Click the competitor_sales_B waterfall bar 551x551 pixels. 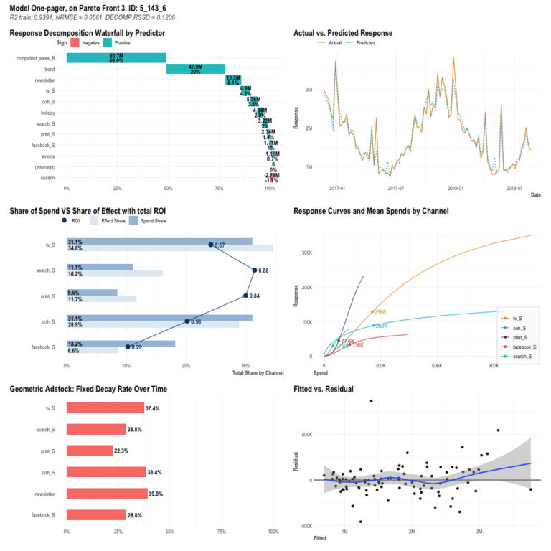click(116, 57)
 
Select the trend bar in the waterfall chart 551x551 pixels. click(195, 69)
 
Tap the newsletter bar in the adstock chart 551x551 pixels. click(105, 494)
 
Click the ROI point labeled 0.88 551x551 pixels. click(255, 270)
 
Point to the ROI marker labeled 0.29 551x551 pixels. click(128, 347)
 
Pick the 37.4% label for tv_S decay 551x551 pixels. click(154, 408)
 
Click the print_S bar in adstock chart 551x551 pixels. click(90, 451)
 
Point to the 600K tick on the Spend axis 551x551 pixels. click(436, 365)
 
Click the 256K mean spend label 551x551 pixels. click(380, 312)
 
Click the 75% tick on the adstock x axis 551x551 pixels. click(222, 532)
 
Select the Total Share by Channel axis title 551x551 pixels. click(258, 372)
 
